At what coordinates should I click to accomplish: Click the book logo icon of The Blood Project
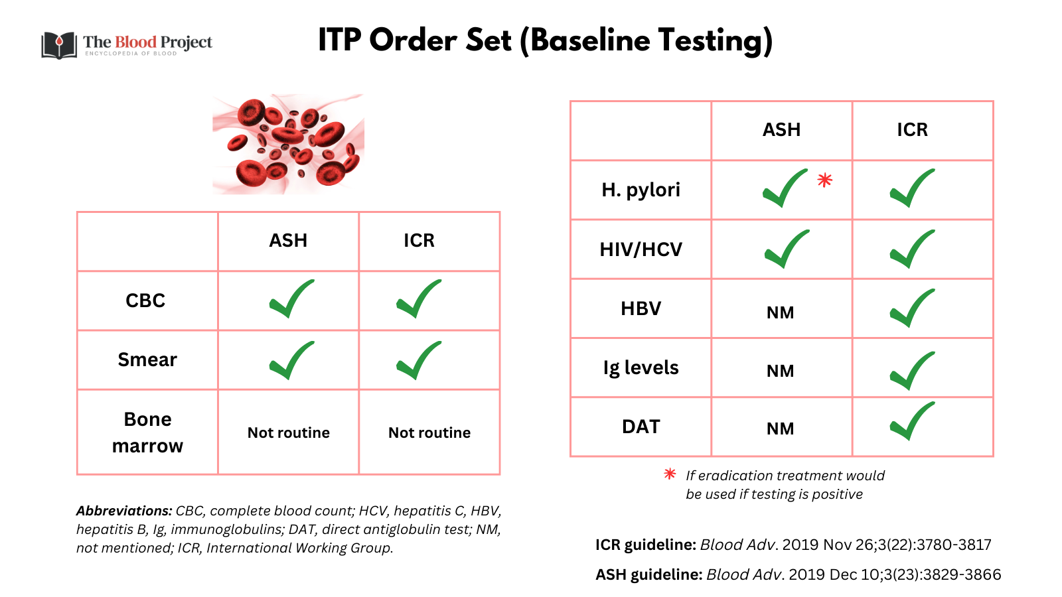[x=59, y=45]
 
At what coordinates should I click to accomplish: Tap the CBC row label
[x=145, y=300]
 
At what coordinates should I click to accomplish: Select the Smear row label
[x=147, y=360]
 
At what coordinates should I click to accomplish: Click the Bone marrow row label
[x=147, y=432]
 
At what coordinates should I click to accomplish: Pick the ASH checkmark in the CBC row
[x=291, y=299]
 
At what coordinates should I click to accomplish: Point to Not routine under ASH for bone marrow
[x=289, y=432]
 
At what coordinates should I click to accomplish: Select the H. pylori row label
[x=641, y=190]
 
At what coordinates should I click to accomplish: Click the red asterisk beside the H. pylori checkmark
[x=824, y=180]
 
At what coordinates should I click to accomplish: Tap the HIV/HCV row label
[x=641, y=249]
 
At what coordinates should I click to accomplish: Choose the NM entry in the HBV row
[x=780, y=312]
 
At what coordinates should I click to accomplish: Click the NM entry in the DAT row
[x=780, y=429]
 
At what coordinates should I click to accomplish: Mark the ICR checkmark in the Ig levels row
[x=912, y=371]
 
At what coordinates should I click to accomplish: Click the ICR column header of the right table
[x=912, y=130]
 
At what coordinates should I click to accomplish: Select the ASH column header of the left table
[x=288, y=240]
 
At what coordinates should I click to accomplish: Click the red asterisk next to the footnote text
[x=670, y=474]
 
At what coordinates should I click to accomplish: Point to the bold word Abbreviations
[x=124, y=511]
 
